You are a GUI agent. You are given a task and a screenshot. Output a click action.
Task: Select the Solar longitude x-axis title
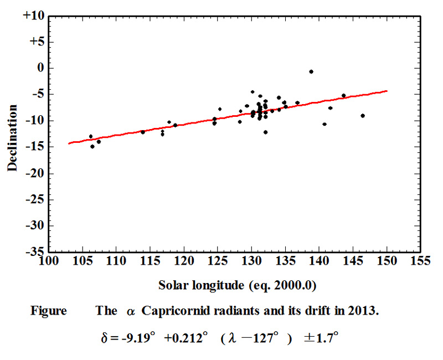click(x=236, y=285)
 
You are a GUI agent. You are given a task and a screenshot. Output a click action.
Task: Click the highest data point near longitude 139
click(x=311, y=71)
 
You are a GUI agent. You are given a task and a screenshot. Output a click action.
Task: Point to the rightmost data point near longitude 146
click(x=362, y=116)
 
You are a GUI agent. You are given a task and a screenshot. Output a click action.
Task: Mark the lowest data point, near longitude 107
click(x=92, y=146)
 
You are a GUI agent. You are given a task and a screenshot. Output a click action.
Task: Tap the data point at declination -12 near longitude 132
click(x=266, y=132)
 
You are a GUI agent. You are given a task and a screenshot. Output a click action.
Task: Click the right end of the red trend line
click(x=387, y=91)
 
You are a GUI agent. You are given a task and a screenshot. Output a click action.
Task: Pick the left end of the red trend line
click(x=69, y=143)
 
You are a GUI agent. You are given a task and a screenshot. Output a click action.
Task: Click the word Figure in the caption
click(x=48, y=311)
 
